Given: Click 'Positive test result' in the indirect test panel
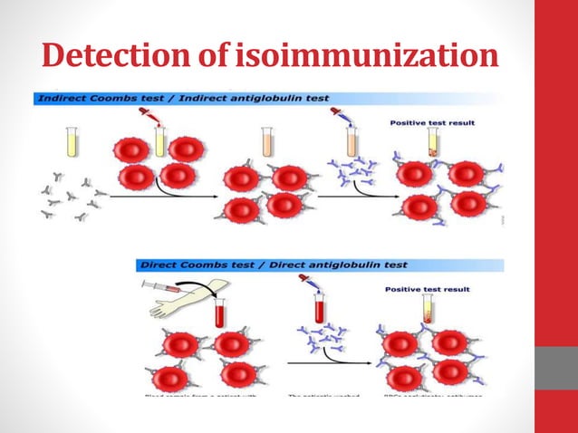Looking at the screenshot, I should [431, 120].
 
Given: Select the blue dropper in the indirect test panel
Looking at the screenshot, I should [337, 114].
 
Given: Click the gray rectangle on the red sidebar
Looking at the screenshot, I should [556, 368].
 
